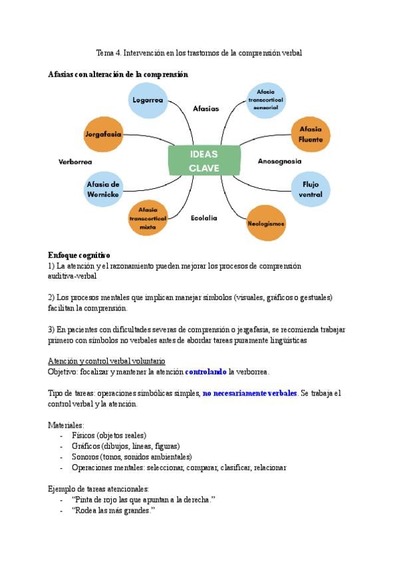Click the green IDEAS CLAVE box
[x=203, y=160]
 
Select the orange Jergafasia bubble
[x=103, y=134]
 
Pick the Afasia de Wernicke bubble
[x=103, y=189]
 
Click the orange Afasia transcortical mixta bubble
[x=148, y=218]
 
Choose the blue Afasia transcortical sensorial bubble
[x=265, y=100]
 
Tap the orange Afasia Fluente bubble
[x=311, y=134]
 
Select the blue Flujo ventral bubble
[x=311, y=189]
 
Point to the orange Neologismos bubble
[x=266, y=223]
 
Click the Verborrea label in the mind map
[x=75, y=162]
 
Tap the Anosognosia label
[x=279, y=161]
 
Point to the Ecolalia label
[x=204, y=217]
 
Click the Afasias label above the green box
[x=205, y=108]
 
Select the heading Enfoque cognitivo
[x=79, y=255]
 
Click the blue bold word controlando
[x=206, y=371]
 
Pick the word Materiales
[x=65, y=424]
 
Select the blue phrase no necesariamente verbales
[x=250, y=393]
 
